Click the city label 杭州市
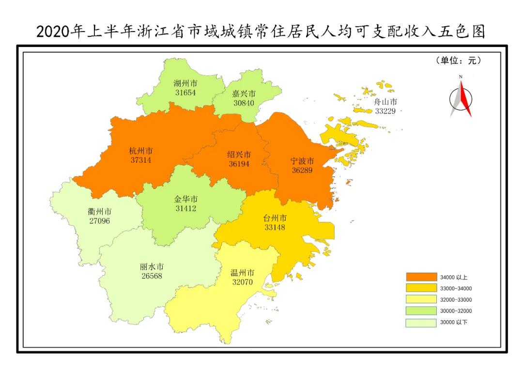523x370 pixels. (140, 151)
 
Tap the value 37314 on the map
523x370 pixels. (140, 160)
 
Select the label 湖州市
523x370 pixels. (185, 83)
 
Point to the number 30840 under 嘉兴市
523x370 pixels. (243, 103)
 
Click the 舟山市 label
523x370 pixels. (386, 102)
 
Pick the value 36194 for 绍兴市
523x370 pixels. (239, 164)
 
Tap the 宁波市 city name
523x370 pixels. (302, 161)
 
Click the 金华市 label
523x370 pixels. (186, 199)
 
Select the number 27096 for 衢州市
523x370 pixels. (99, 221)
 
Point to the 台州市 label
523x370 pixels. (275, 218)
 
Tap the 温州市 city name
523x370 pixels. (242, 273)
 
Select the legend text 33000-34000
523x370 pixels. (456, 289)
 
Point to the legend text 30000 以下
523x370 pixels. (454, 322)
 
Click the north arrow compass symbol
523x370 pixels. (461, 97)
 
